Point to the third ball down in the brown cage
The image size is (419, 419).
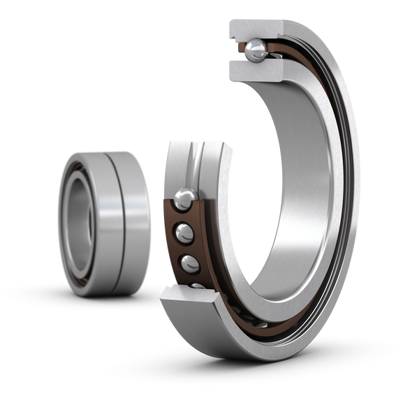[190, 263]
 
